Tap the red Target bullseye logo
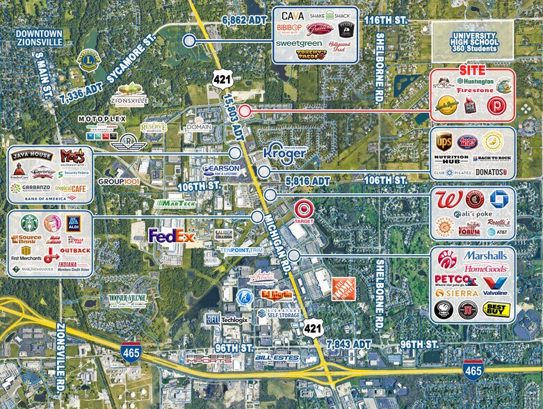coord(304,208)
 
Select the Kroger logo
coord(285,154)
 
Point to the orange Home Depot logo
coord(346,287)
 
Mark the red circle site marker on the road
coord(244,111)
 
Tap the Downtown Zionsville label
coord(40,37)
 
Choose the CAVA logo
coord(293,15)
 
